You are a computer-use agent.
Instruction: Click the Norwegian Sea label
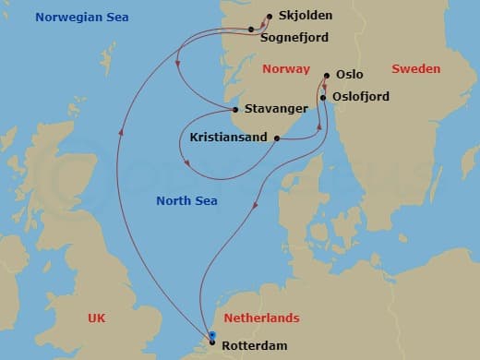[82, 18]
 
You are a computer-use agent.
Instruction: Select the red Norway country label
[286, 69]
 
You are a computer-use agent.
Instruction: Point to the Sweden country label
[416, 69]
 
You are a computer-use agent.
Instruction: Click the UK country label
[97, 318]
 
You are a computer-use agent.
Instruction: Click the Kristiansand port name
[228, 138]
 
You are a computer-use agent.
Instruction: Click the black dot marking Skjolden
[269, 17]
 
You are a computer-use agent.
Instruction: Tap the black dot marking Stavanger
[235, 109]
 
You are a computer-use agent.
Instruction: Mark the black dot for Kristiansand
[277, 138]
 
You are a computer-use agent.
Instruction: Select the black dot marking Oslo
[327, 77]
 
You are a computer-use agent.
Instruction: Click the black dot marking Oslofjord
[325, 96]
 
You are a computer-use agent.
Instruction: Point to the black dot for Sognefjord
[251, 30]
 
